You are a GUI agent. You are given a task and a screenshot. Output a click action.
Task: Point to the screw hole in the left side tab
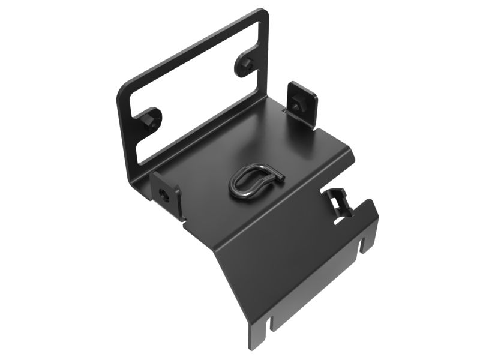pos(164,194)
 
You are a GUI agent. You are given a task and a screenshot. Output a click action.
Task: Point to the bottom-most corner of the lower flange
pos(253,346)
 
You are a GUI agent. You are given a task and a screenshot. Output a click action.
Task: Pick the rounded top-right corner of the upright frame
pos(263,14)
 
